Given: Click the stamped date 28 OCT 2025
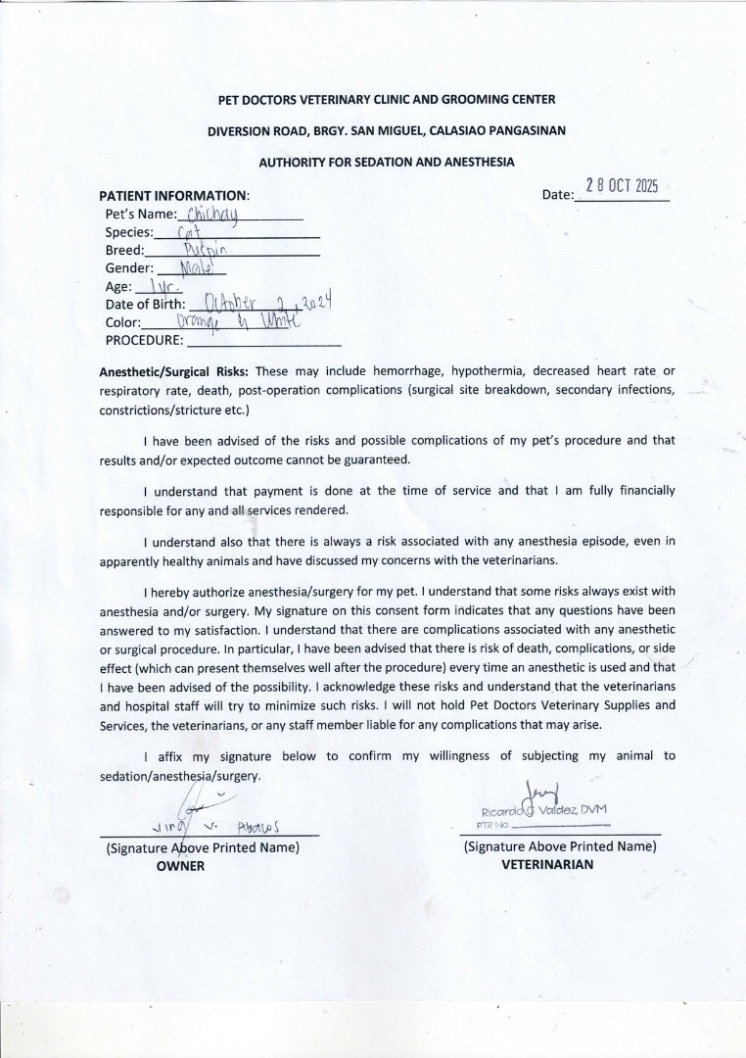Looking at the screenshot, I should pyautogui.click(x=622, y=186).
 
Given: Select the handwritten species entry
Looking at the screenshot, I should pyautogui.click(x=189, y=232).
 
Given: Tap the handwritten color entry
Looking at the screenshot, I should pyautogui.click(x=235, y=321).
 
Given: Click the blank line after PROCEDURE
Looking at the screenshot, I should pyautogui.click(x=263, y=341).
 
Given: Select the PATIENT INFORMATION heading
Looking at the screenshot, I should pyautogui.click(x=173, y=195).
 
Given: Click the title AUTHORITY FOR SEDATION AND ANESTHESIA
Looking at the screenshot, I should pyautogui.click(x=386, y=161).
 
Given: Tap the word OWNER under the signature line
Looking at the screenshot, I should pyautogui.click(x=180, y=866).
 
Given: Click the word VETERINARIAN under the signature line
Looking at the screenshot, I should pyautogui.click(x=547, y=865).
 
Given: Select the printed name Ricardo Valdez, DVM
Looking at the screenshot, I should pyautogui.click(x=544, y=809).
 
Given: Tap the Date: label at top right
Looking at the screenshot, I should pyautogui.click(x=557, y=195).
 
